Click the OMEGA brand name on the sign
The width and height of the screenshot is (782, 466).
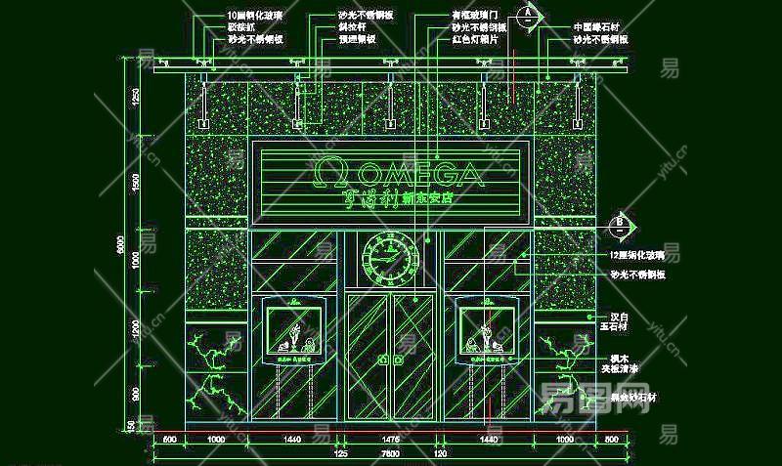pyautogui.click(x=421, y=175)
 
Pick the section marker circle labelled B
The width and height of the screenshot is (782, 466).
pyautogui.click(x=618, y=225)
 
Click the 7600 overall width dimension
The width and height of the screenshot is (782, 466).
pyautogui.click(x=389, y=454)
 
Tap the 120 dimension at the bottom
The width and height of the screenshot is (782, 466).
pyautogui.click(x=440, y=454)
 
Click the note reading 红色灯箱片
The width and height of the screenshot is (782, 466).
pyautogui.click(x=476, y=41)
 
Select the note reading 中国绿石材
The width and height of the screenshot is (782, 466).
pyautogui.click(x=598, y=27)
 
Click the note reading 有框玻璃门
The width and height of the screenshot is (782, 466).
pyautogui.click(x=475, y=17)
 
